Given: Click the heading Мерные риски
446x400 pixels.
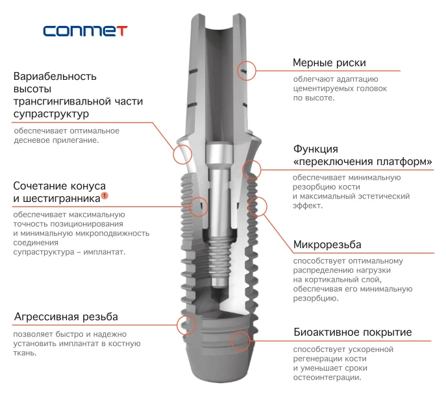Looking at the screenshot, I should click(x=329, y=63).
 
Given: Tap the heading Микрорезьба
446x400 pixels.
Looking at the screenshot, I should click(x=327, y=245).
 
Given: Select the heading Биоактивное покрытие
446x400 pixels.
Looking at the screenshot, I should click(x=352, y=332).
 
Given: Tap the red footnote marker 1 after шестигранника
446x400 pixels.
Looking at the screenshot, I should click(x=105, y=195).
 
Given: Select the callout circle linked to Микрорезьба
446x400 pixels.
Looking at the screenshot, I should click(x=258, y=206).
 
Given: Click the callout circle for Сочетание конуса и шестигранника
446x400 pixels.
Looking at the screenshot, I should click(x=199, y=206).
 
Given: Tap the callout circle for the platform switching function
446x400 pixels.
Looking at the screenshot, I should click(x=252, y=170).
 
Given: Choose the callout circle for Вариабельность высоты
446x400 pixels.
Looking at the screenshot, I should click(x=183, y=153).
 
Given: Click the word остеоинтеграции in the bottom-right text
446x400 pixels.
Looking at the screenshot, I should click(x=327, y=377).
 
